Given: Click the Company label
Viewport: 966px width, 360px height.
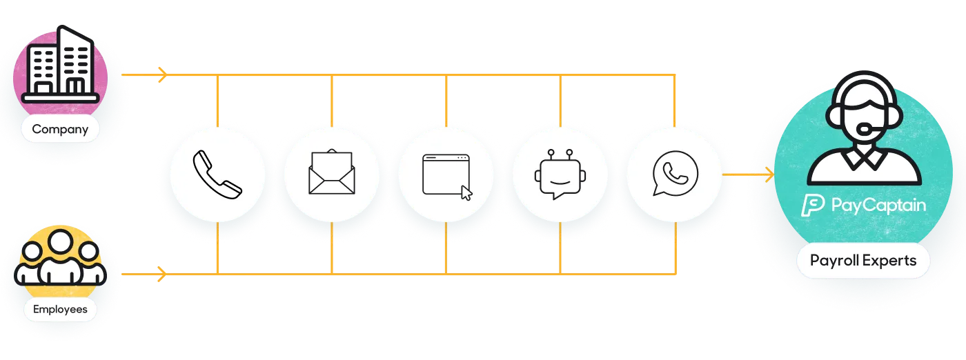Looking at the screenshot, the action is tap(60, 129).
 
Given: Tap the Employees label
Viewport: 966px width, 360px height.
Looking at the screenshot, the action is tap(60, 309).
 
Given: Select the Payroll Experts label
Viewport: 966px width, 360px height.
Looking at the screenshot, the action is tap(863, 261).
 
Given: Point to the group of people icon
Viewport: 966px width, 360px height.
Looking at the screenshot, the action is tap(60, 258).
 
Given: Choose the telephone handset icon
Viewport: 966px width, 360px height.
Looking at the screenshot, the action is tap(217, 174).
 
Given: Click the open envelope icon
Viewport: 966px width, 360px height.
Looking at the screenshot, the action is tap(332, 172).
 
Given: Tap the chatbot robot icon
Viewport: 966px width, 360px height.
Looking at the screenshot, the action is tap(560, 174).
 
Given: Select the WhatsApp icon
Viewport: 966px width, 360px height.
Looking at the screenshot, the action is tap(675, 173).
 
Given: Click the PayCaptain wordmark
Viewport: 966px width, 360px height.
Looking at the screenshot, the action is tap(878, 205).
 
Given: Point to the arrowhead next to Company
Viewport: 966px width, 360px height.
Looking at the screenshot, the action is tap(162, 74).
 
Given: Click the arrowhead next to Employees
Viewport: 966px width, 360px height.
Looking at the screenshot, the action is tap(162, 274).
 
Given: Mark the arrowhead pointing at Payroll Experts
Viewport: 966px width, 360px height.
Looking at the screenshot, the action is tap(770, 174).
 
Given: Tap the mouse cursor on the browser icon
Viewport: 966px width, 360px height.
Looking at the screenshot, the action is tap(466, 193).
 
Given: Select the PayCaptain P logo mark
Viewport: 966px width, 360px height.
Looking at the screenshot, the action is tap(813, 205).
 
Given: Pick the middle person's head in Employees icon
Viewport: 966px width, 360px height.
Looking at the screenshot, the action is tap(61, 242).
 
